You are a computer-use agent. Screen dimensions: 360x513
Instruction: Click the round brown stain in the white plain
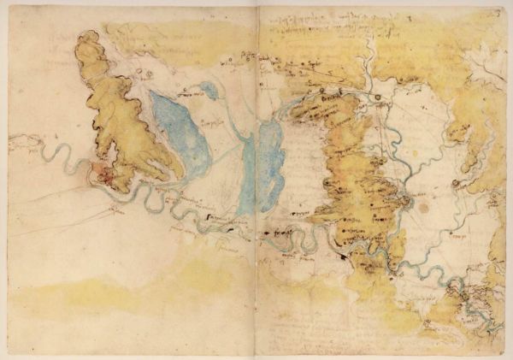pyautogui.click(x=422, y=206)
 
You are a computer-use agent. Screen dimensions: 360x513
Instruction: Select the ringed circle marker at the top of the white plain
pyautogui.click(x=377, y=98)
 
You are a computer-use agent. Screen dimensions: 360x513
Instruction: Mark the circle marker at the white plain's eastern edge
pyautogui.click(x=456, y=183)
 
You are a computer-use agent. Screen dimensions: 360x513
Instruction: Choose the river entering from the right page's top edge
pyautogui.click(x=368, y=64)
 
